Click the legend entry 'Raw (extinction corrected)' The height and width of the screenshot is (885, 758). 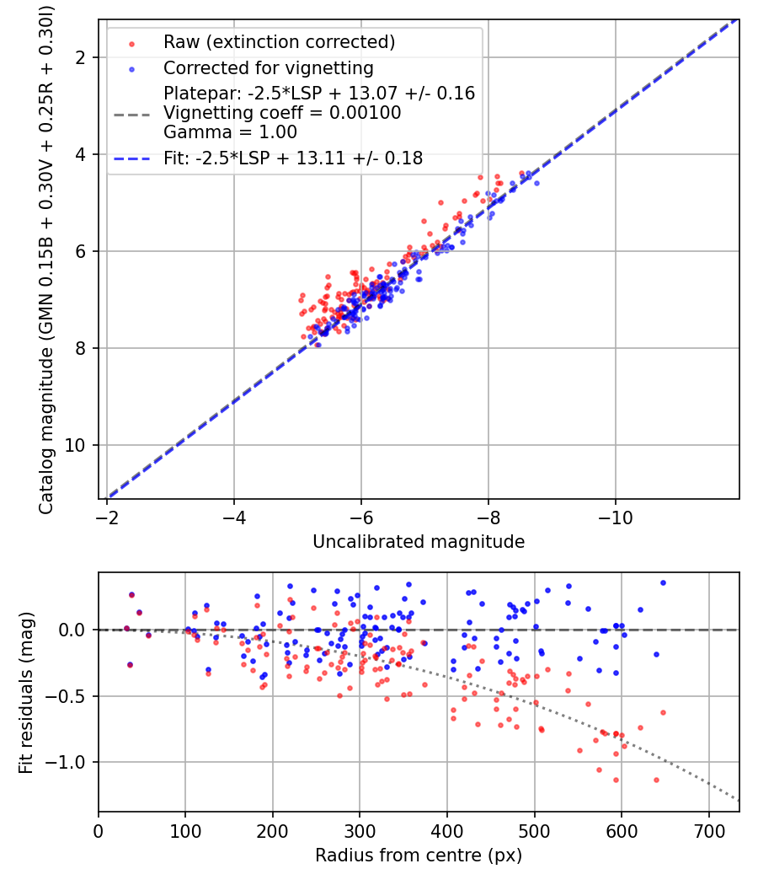[279, 42]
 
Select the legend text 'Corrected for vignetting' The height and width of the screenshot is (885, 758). [269, 67]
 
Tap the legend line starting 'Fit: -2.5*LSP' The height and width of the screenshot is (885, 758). [293, 158]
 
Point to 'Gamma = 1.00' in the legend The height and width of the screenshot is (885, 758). [230, 132]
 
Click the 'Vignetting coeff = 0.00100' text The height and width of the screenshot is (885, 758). [282, 112]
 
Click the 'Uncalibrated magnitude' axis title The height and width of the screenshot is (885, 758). [419, 541]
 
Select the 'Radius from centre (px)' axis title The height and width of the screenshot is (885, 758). [419, 855]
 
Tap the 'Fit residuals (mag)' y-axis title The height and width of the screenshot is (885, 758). [26, 692]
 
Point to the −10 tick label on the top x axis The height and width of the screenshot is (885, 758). [615, 518]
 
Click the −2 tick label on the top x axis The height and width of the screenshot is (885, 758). [107, 518]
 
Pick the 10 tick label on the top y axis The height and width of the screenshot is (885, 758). [74, 445]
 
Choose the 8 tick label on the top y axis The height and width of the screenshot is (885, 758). [80, 348]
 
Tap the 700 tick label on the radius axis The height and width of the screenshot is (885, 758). [708, 831]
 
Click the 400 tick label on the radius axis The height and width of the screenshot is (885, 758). [447, 831]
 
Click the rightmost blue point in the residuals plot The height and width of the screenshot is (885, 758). [664, 583]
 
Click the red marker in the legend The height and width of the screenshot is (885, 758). [132, 44]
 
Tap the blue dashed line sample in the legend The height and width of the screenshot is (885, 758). [132, 159]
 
